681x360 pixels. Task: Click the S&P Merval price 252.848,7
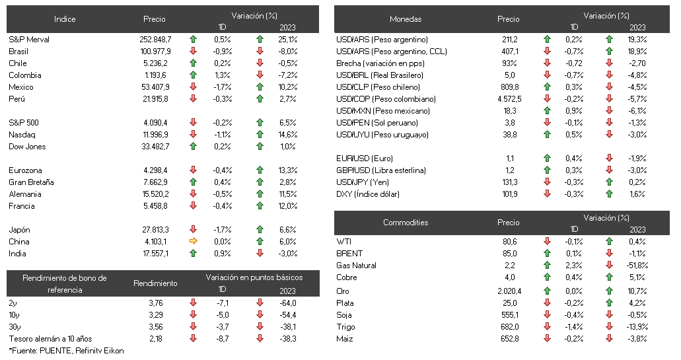point(155,40)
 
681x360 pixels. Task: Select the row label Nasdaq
point(22,135)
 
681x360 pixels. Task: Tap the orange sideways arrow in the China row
point(194,241)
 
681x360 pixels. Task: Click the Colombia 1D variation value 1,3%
point(223,75)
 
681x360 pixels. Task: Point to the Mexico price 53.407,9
point(155,87)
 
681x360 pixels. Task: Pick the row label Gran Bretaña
point(31,182)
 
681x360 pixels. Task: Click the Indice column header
point(65,19)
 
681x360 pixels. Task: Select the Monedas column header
point(406,19)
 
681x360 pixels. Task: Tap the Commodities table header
point(406,223)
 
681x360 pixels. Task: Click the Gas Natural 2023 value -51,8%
point(637,266)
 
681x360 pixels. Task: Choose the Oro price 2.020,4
point(509,291)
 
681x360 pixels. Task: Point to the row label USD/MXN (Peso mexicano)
point(383,111)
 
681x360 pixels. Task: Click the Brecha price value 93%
point(509,63)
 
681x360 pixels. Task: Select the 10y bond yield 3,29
point(155,315)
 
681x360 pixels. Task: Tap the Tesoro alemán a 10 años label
point(50,339)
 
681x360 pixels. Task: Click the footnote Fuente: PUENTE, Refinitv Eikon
point(67,351)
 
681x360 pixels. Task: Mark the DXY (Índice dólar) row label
point(368,194)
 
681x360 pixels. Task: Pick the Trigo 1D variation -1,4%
point(574,326)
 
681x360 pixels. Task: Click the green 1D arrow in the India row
point(194,253)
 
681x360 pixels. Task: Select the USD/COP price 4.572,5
point(509,99)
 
